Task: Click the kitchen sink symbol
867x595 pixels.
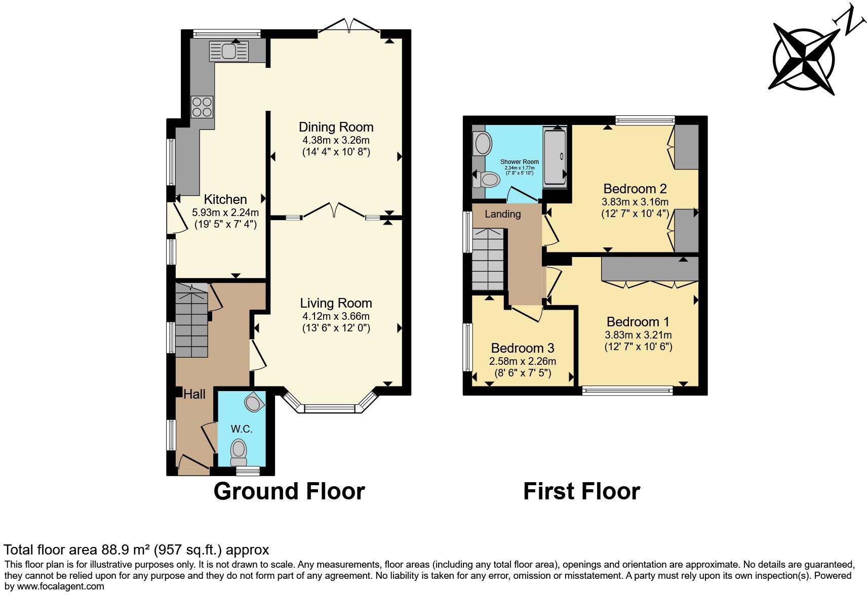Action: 229,51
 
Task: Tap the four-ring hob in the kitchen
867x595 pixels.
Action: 202,107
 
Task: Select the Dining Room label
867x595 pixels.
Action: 336,127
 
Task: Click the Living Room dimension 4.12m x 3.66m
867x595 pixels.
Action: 336,316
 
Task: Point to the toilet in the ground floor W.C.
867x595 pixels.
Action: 239,451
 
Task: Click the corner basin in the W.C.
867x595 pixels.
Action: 254,403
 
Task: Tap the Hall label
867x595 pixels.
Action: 194,394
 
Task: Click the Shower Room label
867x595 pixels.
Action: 520,162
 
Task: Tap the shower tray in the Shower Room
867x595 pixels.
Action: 555,157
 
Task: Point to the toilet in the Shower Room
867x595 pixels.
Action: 489,179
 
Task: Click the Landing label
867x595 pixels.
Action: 502,214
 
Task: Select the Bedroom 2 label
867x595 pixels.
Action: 635,189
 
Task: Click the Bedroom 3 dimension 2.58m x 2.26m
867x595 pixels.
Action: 522,361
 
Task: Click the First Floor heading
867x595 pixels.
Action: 581,491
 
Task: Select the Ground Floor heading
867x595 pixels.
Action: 289,491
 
